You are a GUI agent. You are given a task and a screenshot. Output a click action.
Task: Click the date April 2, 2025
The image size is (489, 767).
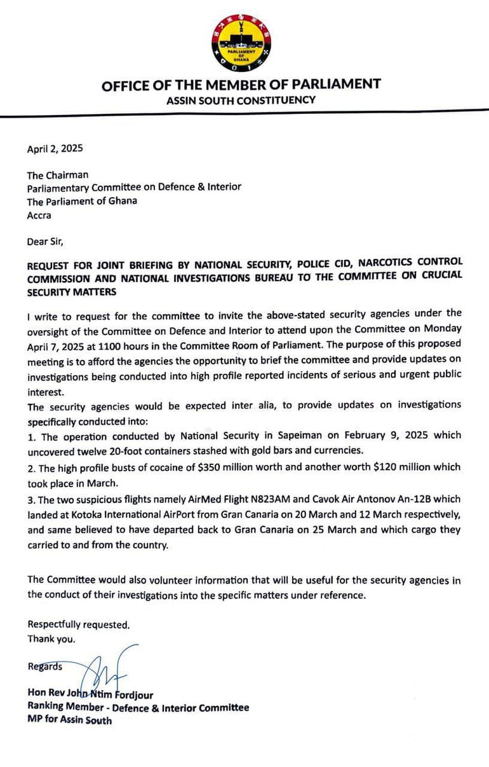(x=55, y=149)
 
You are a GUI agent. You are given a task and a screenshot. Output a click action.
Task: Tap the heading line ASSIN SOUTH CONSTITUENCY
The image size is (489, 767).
(x=241, y=100)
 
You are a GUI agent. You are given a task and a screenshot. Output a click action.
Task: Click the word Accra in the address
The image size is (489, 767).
(x=39, y=216)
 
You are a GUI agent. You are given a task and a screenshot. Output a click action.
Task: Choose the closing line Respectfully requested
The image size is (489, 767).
(x=79, y=625)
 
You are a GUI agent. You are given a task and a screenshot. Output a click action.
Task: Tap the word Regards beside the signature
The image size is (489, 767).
(x=45, y=667)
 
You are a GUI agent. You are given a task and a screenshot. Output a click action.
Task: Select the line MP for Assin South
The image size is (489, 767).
(x=69, y=720)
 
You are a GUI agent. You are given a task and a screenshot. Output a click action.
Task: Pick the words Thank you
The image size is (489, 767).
(x=51, y=639)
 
